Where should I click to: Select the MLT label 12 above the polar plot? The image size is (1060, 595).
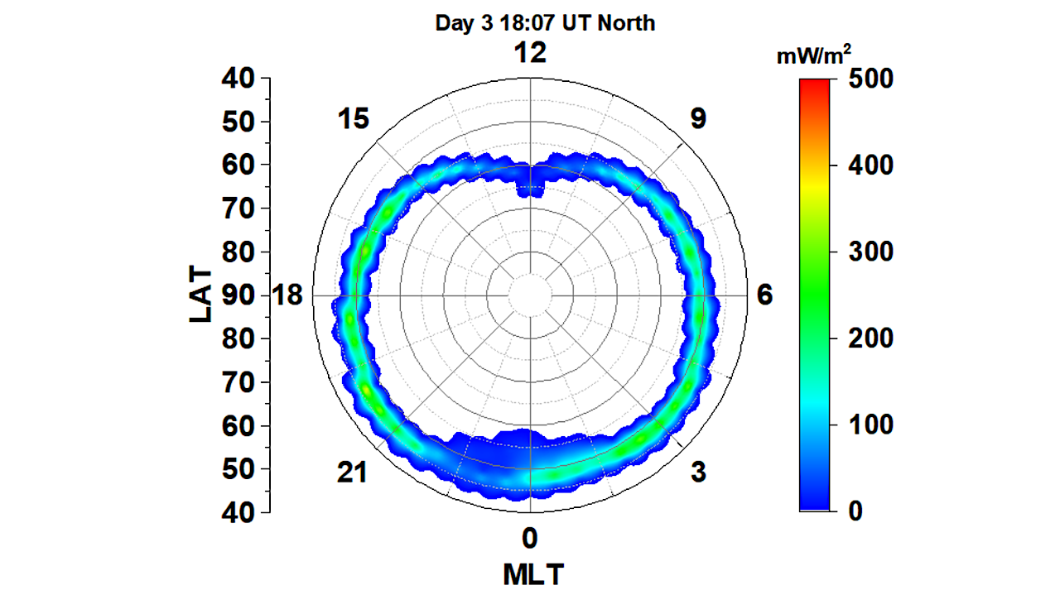[x=530, y=53]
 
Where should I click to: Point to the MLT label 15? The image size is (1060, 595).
[x=353, y=119]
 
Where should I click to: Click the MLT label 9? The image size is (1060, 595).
[x=698, y=119]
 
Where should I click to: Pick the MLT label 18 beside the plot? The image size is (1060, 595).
[x=290, y=295]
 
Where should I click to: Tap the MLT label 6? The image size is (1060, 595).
[x=764, y=295]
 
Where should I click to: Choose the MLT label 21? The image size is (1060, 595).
[x=353, y=473]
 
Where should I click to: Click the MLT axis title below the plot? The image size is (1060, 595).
[x=530, y=573]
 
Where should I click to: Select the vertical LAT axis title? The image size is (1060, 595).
[x=201, y=295]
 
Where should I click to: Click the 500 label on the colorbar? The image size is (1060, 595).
[x=871, y=79]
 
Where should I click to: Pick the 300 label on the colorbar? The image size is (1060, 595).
[x=871, y=252]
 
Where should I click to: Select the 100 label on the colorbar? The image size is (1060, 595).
[x=871, y=425]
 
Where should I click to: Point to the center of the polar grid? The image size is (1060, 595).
[x=530, y=295]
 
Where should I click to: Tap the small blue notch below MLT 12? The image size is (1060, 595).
[x=530, y=190]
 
